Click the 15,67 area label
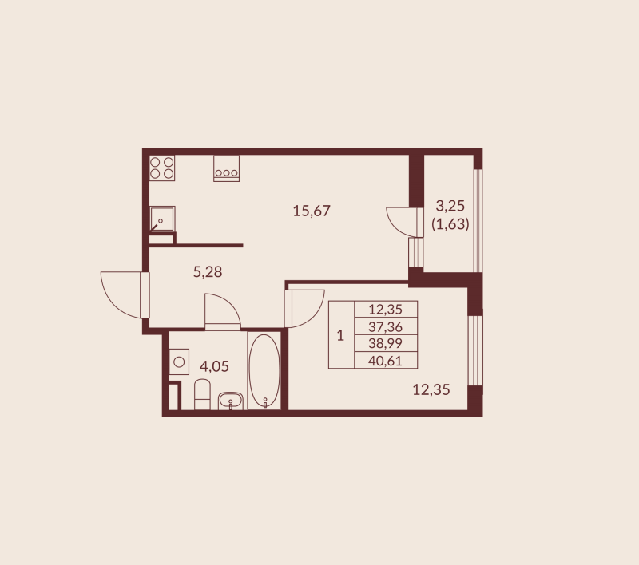[312, 211]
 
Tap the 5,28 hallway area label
[208, 271]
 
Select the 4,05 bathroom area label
[214, 366]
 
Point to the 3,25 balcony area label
[450, 206]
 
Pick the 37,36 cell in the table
[386, 326]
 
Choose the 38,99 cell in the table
[386, 343]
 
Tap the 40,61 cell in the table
[386, 360]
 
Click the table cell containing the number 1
[342, 335]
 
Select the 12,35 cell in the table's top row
[386, 310]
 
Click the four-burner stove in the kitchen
[162, 168]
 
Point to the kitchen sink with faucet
[162, 219]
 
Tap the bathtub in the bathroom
[264, 370]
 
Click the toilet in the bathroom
[202, 394]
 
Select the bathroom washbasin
[231, 401]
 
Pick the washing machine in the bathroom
[179, 362]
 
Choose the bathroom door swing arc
[229, 306]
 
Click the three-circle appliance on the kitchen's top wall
[227, 168]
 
